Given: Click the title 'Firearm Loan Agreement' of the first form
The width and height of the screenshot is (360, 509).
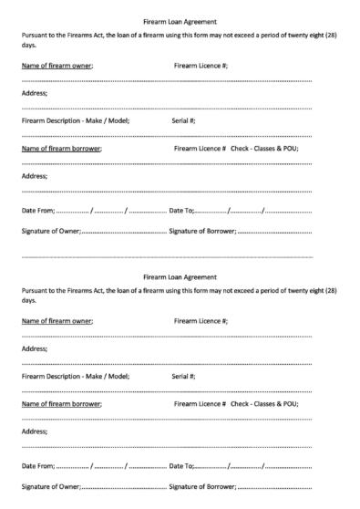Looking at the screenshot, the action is (180, 20).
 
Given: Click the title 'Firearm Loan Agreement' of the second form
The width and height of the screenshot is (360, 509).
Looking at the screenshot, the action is (180, 277).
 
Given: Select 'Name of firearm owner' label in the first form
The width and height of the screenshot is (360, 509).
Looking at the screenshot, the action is (57, 67).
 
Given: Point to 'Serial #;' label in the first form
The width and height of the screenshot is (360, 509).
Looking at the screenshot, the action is (184, 120).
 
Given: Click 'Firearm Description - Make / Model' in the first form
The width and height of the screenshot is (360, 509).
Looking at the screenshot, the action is (76, 120).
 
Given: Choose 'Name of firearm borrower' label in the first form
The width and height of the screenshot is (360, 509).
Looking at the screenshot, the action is (61, 148).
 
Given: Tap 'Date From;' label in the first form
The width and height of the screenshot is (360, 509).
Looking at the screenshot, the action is (39, 211).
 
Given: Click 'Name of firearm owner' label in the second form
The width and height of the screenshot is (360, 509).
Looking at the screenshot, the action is (57, 322).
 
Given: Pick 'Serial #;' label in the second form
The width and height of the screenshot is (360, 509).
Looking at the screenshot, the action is (184, 376).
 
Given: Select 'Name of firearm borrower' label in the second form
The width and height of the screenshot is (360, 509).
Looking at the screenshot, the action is (61, 403).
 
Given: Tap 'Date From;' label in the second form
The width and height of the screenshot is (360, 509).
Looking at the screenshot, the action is (39, 466).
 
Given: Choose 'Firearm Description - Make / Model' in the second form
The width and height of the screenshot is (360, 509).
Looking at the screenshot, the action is (76, 376).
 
